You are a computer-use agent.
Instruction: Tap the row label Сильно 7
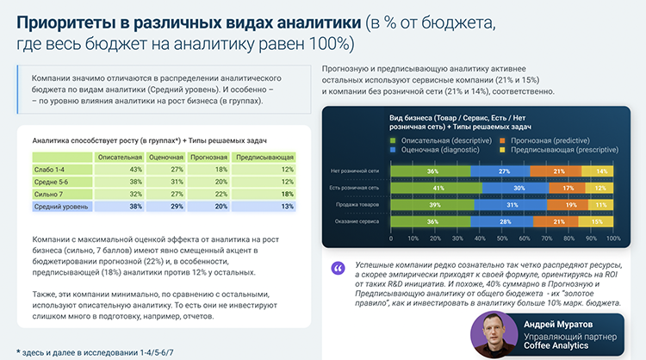pos(51,195)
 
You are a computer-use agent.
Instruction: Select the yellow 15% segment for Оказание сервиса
pos(597,222)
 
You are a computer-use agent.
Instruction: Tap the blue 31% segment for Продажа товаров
pos(511,205)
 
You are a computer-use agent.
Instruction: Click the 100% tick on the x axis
pos(612,237)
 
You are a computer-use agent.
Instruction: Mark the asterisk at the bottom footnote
pos(19,352)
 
